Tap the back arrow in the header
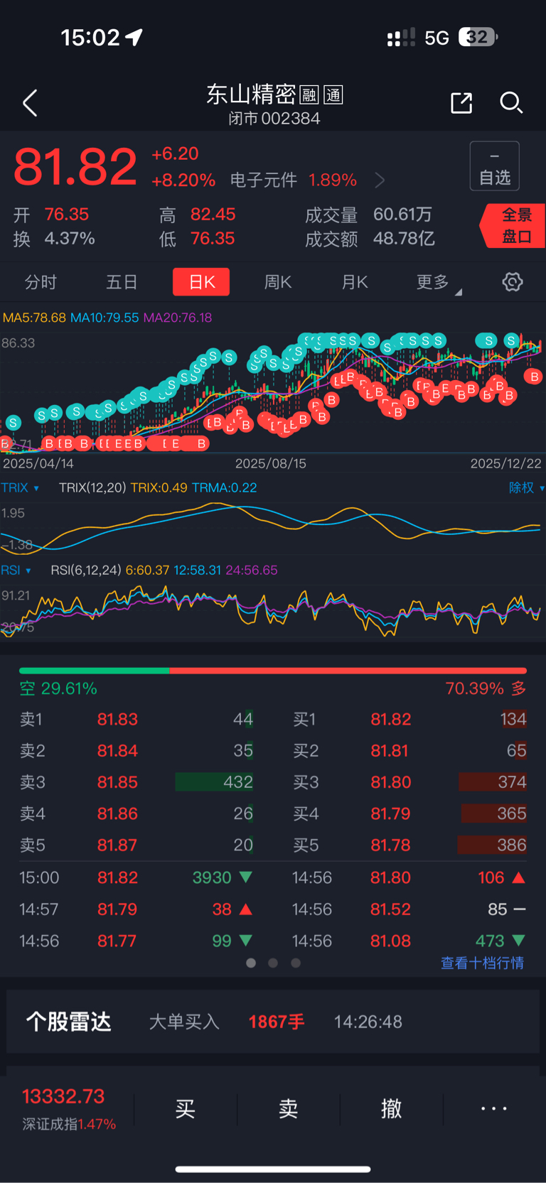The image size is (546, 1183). click(x=30, y=104)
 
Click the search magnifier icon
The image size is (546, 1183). click(x=510, y=103)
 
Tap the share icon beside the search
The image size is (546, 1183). click(x=461, y=103)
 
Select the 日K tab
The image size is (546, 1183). click(x=201, y=282)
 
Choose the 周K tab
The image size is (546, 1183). click(x=278, y=282)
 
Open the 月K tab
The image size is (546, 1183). click(x=355, y=282)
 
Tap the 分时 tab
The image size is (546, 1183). click(x=41, y=282)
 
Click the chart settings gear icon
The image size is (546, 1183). click(x=513, y=282)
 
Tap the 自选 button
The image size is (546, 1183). click(x=495, y=166)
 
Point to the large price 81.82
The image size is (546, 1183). click(x=75, y=168)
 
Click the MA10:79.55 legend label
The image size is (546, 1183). click(x=105, y=318)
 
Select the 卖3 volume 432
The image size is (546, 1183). click(x=237, y=782)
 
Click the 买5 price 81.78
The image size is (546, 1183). click(x=390, y=845)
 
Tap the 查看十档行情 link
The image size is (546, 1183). click(x=482, y=963)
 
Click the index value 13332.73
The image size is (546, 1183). click(x=63, y=1096)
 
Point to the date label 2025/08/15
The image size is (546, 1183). click(x=271, y=463)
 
